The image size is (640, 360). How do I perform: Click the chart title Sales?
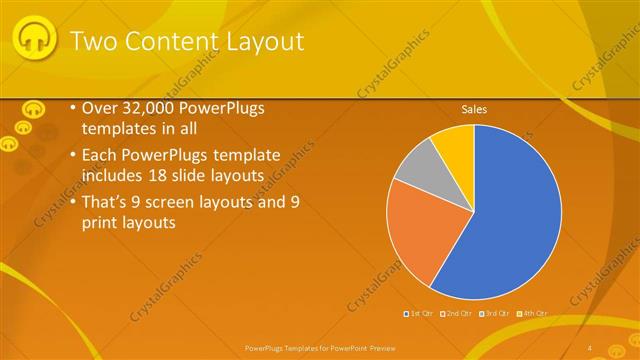tap(474, 110)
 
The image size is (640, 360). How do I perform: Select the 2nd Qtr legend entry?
tap(457, 313)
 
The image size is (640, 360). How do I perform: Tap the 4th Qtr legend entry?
tap(532, 313)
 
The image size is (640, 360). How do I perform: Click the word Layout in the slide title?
tap(261, 41)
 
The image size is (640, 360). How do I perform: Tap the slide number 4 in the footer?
tap(590, 347)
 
